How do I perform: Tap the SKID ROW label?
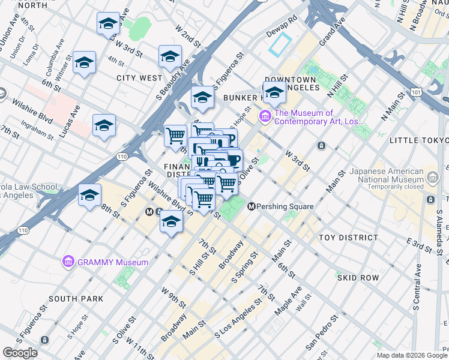[358, 278]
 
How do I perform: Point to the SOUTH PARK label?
[76, 298]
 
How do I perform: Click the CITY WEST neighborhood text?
[139, 78]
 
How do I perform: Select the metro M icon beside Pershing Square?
[252, 206]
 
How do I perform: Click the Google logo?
[20, 353]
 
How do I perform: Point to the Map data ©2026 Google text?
[412, 355]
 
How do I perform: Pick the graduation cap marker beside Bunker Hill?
[275, 93]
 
